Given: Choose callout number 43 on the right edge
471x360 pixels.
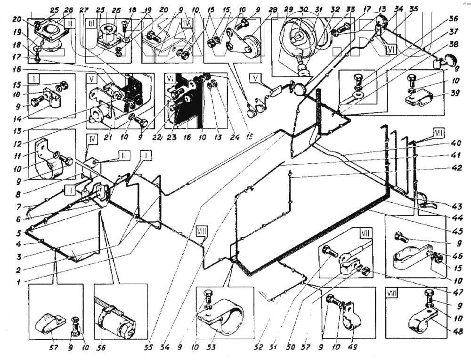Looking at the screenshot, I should pyautogui.click(x=455, y=206).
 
